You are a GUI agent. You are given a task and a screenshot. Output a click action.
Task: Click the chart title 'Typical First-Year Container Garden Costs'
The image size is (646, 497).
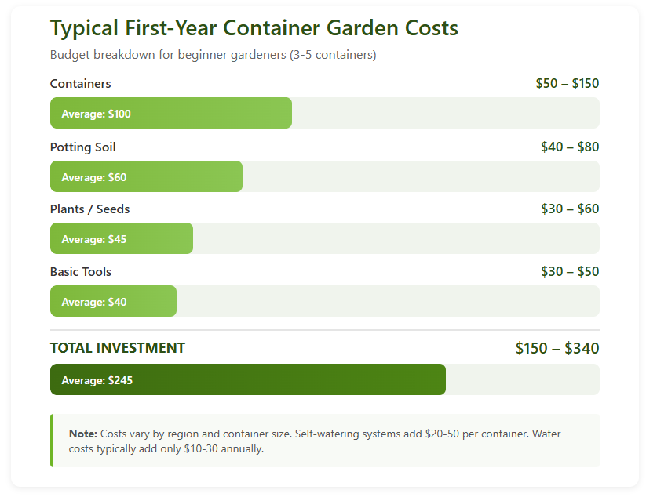pyautogui.click(x=254, y=29)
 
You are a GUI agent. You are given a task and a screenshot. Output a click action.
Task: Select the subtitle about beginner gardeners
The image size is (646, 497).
pyautogui.click(x=213, y=55)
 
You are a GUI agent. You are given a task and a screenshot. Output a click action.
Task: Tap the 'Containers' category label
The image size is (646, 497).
pyautogui.click(x=80, y=84)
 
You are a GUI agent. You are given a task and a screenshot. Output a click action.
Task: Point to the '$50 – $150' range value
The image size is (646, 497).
pyautogui.click(x=567, y=84)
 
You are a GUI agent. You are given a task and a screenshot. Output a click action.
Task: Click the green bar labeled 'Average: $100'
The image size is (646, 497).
pyautogui.click(x=170, y=114)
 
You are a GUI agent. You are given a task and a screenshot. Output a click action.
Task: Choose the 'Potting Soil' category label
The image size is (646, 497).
pyautogui.click(x=82, y=147)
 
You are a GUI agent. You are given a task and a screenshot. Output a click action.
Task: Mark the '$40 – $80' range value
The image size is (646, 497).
pyautogui.click(x=570, y=147)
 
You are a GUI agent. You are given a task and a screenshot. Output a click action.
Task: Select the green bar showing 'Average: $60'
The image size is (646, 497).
pyautogui.click(x=146, y=177)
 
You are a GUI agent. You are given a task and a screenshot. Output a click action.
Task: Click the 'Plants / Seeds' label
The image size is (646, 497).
pyautogui.click(x=89, y=209)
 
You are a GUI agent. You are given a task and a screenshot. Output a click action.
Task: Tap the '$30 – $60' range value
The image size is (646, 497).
pyautogui.click(x=570, y=209)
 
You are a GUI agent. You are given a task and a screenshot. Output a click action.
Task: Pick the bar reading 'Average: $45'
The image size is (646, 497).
pyautogui.click(x=121, y=239)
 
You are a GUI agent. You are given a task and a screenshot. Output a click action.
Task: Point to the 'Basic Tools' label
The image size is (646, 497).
pyautogui.click(x=81, y=272)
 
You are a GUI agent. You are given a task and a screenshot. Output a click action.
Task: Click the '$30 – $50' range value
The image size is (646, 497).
pyautogui.click(x=570, y=272)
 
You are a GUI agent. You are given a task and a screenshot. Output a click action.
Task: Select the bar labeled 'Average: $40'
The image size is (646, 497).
pyautogui.click(x=113, y=302)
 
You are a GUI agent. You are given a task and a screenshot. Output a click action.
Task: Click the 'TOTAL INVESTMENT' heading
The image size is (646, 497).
pyautogui.click(x=118, y=348)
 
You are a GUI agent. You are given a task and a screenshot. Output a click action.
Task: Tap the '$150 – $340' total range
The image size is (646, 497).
pyautogui.click(x=557, y=348)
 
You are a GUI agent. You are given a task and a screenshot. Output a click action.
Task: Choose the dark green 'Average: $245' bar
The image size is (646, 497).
pyautogui.click(x=247, y=380)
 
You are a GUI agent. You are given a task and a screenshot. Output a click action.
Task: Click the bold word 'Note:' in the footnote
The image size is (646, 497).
pyautogui.click(x=82, y=434)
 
